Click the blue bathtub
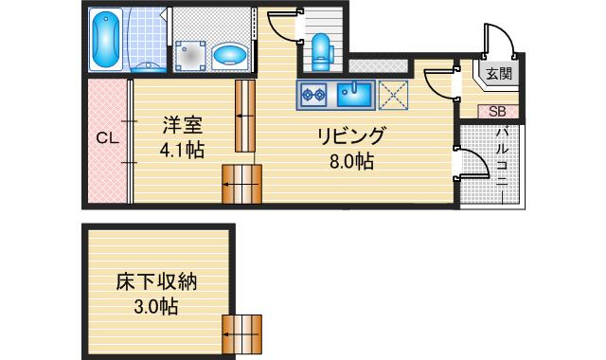tap(106, 40)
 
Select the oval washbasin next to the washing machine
tap(231, 55)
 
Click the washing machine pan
tap(189, 56)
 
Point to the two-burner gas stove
tap(313, 95)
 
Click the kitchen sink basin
tap(354, 95)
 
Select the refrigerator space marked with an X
tap(393, 95)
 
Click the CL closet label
tap(107, 138)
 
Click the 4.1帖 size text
tap(182, 150)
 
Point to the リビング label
tap(351, 136)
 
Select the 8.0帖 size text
tap(351, 161)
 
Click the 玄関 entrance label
tap(499, 73)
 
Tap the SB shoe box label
tap(497, 112)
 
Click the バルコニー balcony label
tap(502, 158)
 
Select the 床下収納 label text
tap(156, 282)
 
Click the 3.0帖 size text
tap(155, 308)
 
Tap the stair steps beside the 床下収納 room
tap(242, 334)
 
